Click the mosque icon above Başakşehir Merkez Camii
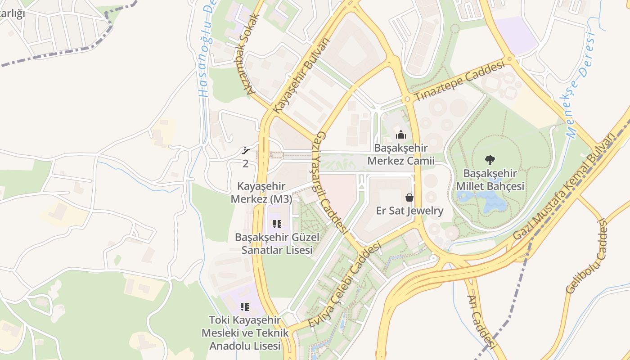pyautogui.click(x=400, y=134)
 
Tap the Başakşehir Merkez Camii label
pyautogui.click(x=400, y=154)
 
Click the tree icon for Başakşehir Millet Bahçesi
pyautogui.click(x=490, y=159)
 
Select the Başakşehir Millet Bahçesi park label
pyautogui.click(x=490, y=180)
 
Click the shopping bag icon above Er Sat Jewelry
pyautogui.click(x=409, y=197)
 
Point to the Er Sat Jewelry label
pyautogui.click(x=409, y=211)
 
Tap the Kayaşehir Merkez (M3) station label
pyautogui.click(x=261, y=193)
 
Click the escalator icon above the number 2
pyautogui.click(x=246, y=151)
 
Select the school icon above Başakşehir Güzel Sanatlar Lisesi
pyautogui.click(x=277, y=224)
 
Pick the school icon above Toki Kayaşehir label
pyautogui.click(x=244, y=307)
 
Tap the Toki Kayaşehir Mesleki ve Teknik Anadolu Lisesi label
pyautogui.click(x=245, y=333)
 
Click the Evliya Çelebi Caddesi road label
pyautogui.click(x=345, y=285)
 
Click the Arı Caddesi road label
pyautogui.click(x=481, y=321)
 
